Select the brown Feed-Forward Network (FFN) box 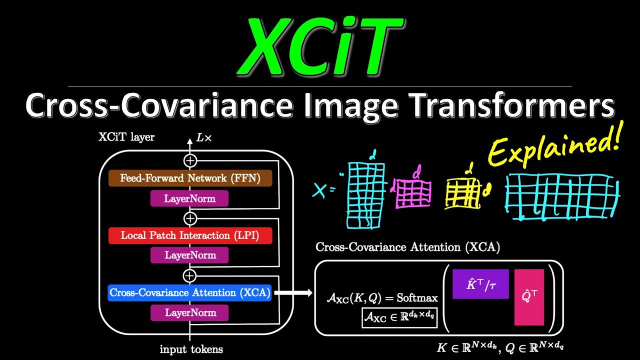tap(190, 178)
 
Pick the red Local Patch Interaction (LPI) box tap(190, 235)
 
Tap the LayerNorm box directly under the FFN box tap(190, 198)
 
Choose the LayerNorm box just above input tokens tap(190, 313)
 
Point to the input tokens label tap(191, 349)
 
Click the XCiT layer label tap(126, 137)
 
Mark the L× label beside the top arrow tap(204, 137)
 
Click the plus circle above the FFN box tap(190, 160)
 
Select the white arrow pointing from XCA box tap(292, 292)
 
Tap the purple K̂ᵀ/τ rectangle tap(480, 284)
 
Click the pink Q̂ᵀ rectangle tap(529, 297)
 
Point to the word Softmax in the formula tap(417, 298)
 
